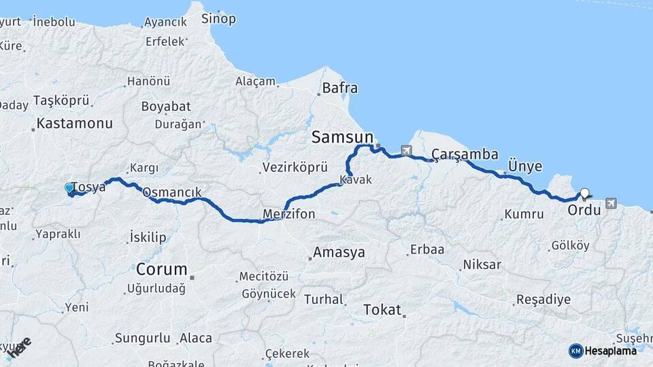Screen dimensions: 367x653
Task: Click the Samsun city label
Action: pyautogui.click(x=343, y=137)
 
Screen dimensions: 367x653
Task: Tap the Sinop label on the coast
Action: pyautogui.click(x=218, y=19)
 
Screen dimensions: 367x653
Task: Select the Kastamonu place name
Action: pyautogui.click(x=74, y=124)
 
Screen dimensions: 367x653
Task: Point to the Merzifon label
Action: pyautogui.click(x=289, y=215)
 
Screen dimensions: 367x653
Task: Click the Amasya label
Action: pyautogui.click(x=339, y=253)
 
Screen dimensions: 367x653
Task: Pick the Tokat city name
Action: pyautogui.click(x=382, y=310)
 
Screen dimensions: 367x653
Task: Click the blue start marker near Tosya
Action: pyautogui.click(x=69, y=188)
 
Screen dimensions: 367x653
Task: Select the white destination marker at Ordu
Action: pyautogui.click(x=584, y=193)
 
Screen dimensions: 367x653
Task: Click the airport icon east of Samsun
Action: pyautogui.click(x=407, y=150)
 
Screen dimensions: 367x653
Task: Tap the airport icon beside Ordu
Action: pyautogui.click(x=610, y=203)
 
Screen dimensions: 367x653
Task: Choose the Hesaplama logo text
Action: pyautogui.click(x=611, y=351)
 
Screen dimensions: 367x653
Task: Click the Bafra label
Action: pyautogui.click(x=339, y=88)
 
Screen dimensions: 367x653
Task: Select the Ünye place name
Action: pyautogui.click(x=525, y=167)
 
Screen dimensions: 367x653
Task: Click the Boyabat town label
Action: pyautogui.click(x=166, y=107)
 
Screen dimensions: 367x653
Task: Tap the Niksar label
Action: pyautogui.click(x=482, y=264)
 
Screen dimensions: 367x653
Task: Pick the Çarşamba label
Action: pyautogui.click(x=465, y=154)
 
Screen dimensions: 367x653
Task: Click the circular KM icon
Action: pyautogui.click(x=575, y=351)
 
